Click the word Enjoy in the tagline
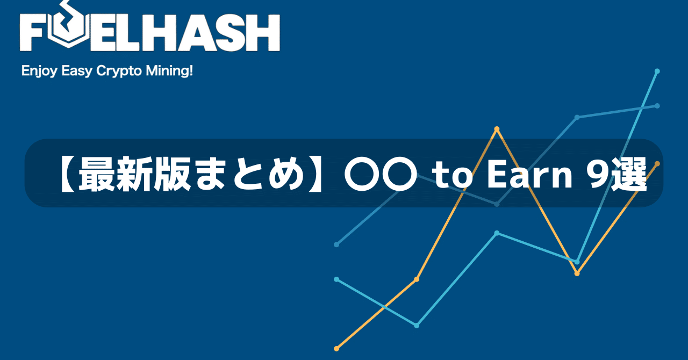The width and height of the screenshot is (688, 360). coord(38,71)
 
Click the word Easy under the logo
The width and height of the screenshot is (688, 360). coord(76,71)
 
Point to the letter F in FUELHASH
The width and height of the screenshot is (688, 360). coord(34,33)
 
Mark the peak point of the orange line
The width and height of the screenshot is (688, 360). coord(497,129)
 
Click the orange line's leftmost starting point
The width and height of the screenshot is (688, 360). coord(336,349)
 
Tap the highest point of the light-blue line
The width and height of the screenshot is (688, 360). coord(657,71)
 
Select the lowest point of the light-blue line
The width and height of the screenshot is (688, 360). coord(417,325)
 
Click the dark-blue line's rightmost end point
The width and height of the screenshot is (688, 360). coord(657,106)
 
